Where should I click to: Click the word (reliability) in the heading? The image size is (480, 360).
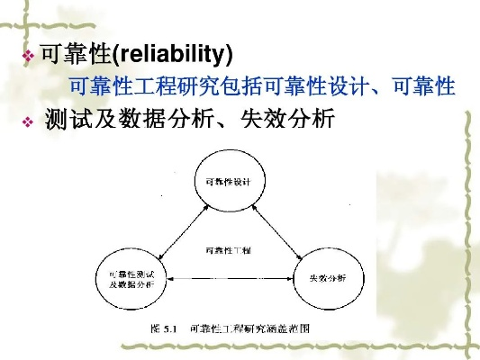pos(172,56)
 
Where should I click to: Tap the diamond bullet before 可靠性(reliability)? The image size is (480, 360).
pos(27,57)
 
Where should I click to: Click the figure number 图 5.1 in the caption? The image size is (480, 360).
pos(162,329)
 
